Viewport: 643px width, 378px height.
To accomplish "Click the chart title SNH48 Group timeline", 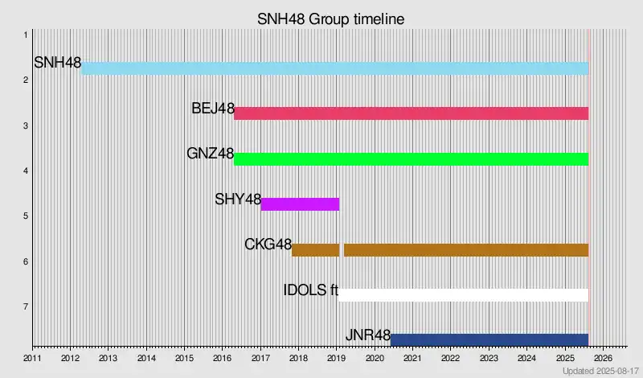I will point(330,18).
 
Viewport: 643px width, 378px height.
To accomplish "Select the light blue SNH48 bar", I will point(334,68).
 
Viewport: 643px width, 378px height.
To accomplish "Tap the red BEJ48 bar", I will point(411,113).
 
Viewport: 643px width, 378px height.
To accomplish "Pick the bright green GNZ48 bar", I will point(411,158).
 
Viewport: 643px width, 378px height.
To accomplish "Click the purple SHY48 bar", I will point(300,204).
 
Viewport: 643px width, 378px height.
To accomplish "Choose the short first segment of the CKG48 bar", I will point(315,249).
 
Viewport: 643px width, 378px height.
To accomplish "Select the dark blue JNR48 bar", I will point(489,340).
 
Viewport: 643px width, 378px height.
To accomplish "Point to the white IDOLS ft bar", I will point(464,295).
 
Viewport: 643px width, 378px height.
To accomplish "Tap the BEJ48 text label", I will point(212,108).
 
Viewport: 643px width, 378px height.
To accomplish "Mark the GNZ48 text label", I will point(210,153).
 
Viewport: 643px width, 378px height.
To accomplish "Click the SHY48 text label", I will point(238,199).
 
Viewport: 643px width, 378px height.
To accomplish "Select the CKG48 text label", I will point(268,244).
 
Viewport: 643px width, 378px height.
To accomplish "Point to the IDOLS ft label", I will point(310,290).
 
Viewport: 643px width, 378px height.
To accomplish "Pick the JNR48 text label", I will point(367,335).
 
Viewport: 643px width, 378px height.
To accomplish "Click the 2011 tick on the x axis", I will point(32,358).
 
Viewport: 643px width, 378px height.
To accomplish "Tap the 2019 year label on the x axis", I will point(336,358).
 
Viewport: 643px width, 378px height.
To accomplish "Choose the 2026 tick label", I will point(603,358).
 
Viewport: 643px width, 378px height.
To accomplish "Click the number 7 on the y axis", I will point(26,306).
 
